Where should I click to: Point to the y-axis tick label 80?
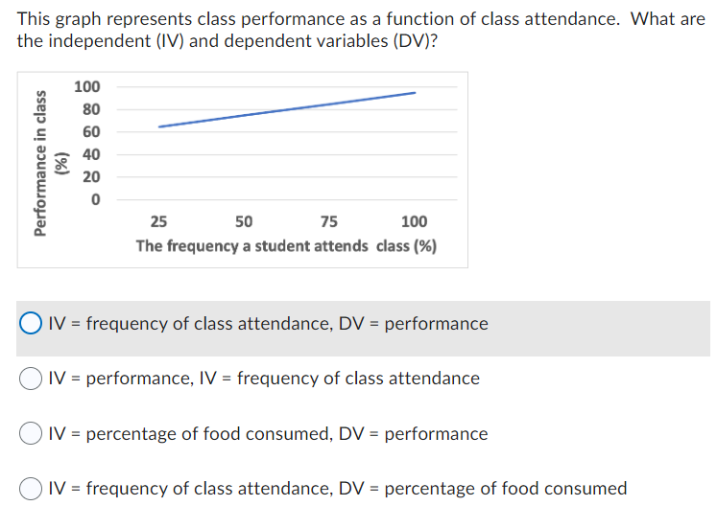[90, 109]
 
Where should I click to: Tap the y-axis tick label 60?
[90, 132]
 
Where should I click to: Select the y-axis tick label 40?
[90, 154]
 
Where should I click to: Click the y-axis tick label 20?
[90, 177]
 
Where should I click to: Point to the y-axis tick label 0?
[94, 199]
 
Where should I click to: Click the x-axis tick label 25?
[159, 222]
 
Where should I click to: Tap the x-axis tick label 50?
[244, 222]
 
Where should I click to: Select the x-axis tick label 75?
[329, 222]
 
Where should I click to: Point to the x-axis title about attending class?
[286, 246]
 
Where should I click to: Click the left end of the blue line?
[159, 126]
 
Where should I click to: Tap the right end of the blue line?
[415, 93]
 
